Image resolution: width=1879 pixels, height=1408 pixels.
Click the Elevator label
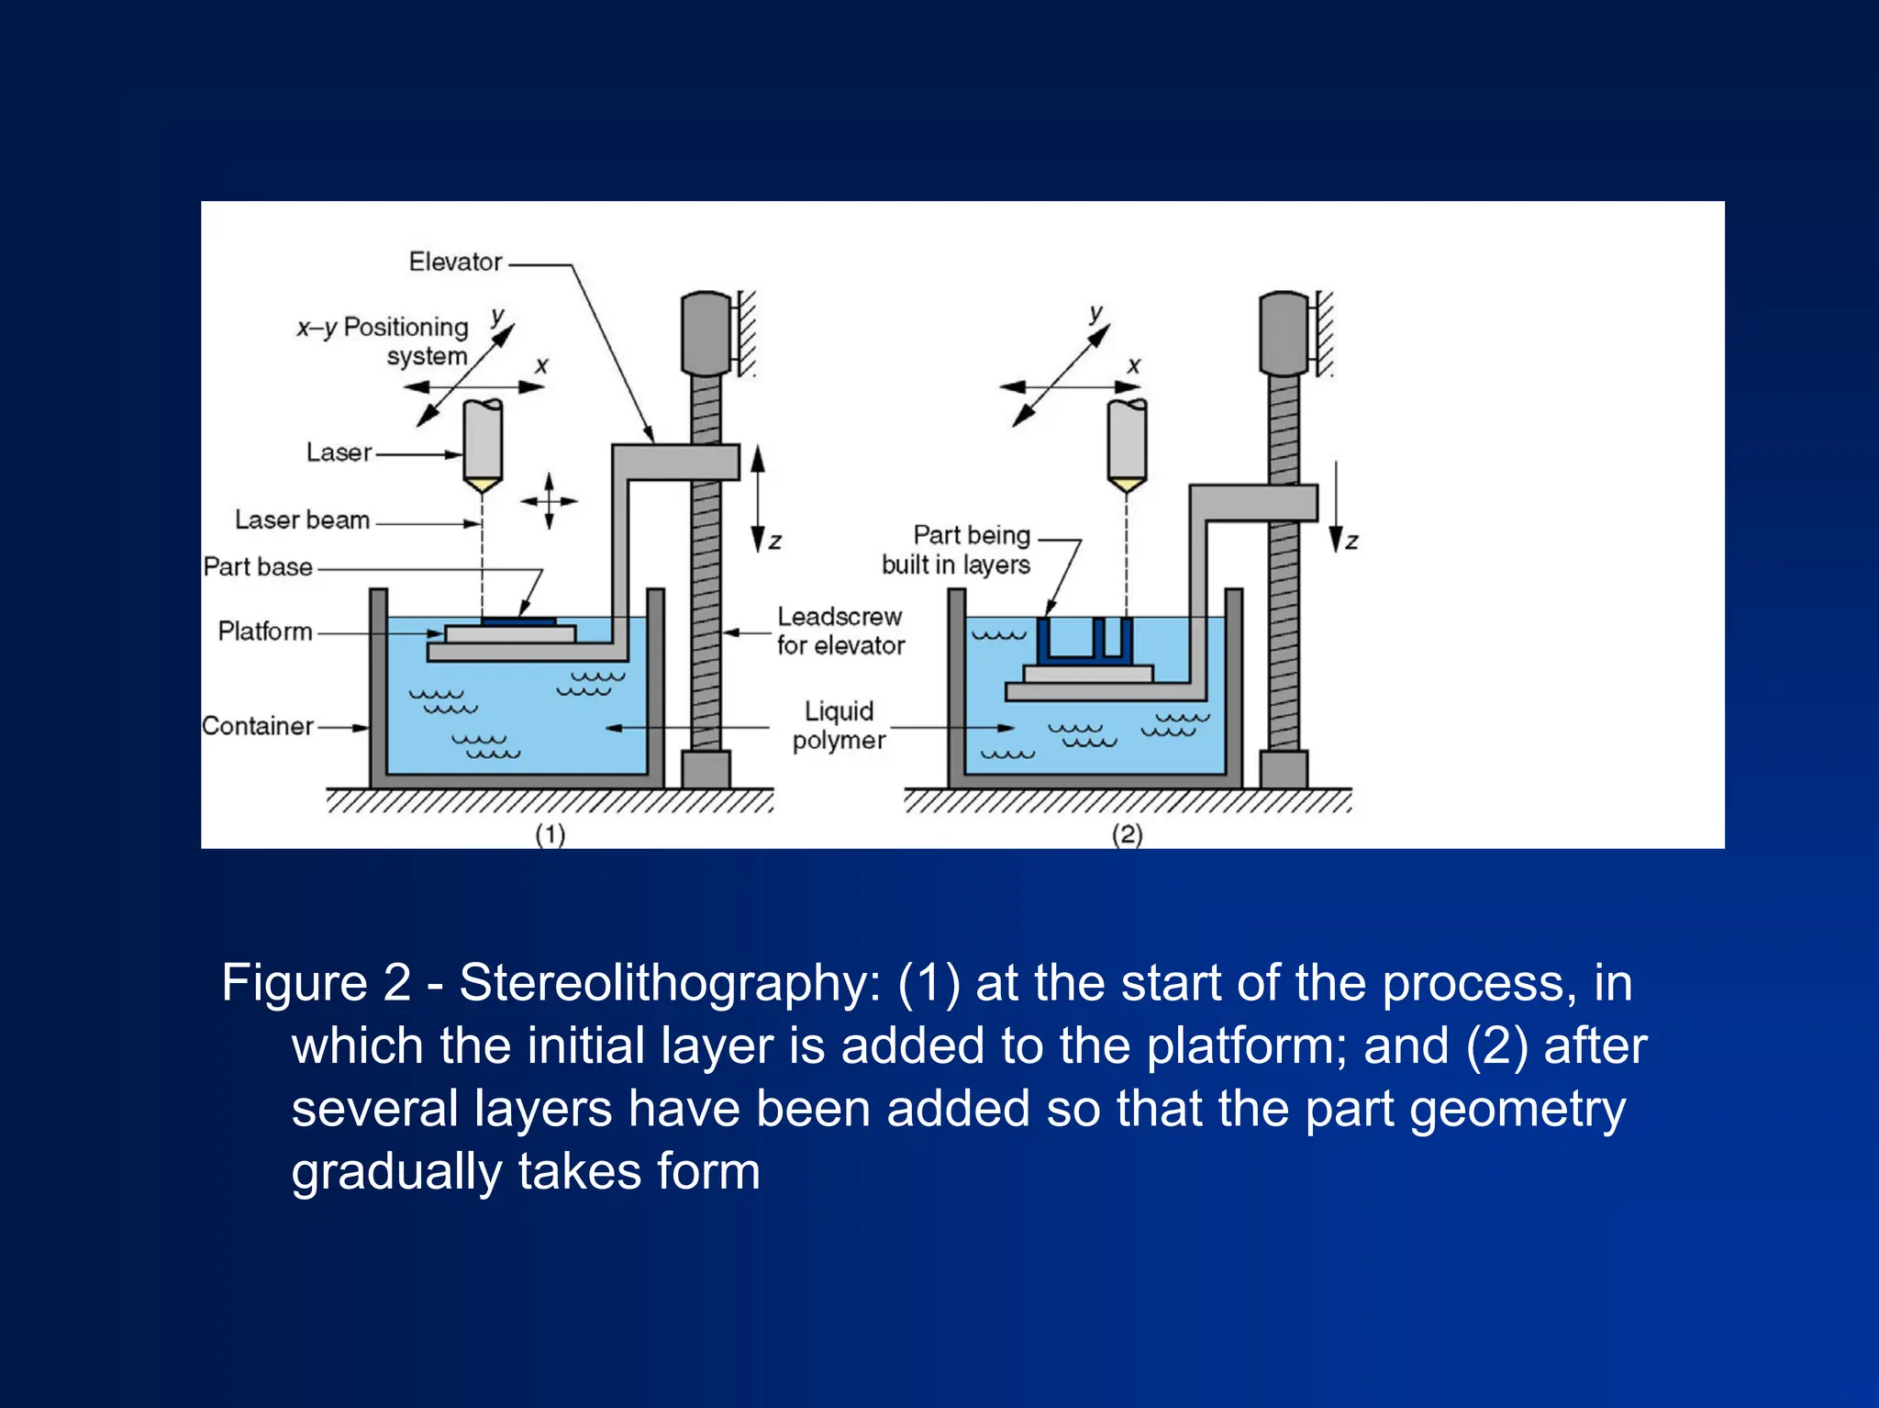455,262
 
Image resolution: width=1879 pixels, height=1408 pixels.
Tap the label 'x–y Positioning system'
384,341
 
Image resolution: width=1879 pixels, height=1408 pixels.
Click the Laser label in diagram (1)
339,453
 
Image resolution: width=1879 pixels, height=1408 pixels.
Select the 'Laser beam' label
302,520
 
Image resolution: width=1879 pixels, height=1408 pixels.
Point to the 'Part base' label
258,567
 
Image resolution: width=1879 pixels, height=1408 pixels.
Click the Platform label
265,631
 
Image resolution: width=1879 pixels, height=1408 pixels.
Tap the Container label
258,726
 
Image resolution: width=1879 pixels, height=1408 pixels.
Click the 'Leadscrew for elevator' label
839,631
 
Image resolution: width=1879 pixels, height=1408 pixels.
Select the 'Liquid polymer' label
839,725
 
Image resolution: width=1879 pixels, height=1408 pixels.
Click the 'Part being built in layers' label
957,549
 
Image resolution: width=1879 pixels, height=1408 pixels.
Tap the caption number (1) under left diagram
550,834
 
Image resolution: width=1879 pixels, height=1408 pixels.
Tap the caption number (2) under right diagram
1128,834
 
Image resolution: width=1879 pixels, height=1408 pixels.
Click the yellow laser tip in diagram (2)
1127,485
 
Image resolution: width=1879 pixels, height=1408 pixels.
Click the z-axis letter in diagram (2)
1351,542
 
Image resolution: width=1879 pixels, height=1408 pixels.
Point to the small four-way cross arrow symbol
549,501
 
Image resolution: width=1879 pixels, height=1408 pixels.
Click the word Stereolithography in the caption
670,983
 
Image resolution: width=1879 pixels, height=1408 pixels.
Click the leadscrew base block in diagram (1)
706,769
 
